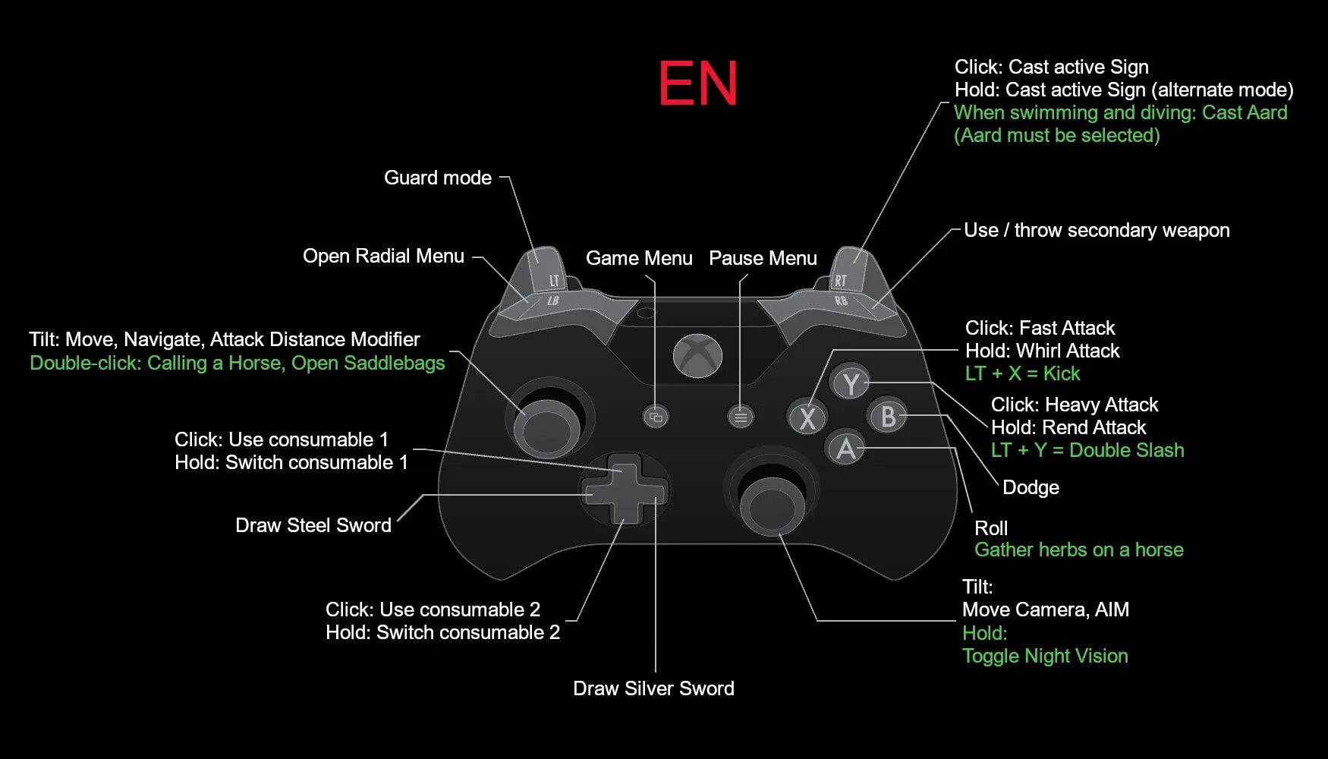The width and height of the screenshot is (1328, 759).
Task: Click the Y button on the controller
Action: (x=851, y=384)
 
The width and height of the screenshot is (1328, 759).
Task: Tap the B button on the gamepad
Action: (x=887, y=417)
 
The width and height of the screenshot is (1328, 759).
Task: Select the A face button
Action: (x=846, y=449)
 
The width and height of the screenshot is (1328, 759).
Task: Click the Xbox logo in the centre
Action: (x=697, y=355)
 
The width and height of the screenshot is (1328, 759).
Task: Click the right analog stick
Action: (x=772, y=502)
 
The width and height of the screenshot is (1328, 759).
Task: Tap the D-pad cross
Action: (x=625, y=490)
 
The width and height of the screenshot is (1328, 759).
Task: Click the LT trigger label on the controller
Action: (x=554, y=281)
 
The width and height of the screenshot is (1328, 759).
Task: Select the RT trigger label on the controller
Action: (x=840, y=281)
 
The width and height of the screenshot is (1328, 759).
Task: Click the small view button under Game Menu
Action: (x=656, y=417)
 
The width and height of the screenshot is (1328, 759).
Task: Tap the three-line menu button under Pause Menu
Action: (x=741, y=417)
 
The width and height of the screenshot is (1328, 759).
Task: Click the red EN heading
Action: (x=697, y=83)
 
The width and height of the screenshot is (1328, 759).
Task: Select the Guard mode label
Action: (x=438, y=178)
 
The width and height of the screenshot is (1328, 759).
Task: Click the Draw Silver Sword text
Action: (x=653, y=688)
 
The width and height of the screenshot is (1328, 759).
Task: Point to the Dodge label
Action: (x=1031, y=487)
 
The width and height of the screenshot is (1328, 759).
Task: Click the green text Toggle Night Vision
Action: (x=1045, y=656)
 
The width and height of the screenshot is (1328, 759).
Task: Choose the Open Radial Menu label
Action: (x=383, y=257)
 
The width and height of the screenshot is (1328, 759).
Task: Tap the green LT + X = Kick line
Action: (x=1022, y=373)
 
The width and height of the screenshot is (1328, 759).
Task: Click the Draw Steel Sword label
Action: (x=313, y=525)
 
